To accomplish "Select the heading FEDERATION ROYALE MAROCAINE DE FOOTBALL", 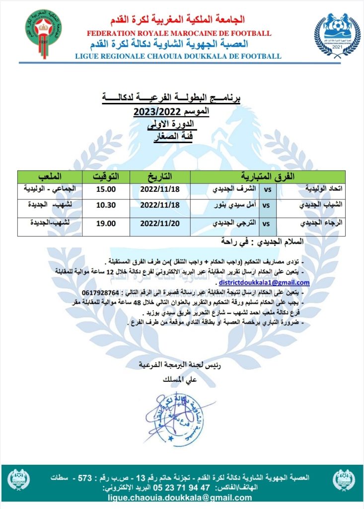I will click(179, 33).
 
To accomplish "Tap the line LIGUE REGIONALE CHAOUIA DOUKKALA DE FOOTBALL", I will click(178, 56).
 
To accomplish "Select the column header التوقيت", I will click(105, 177).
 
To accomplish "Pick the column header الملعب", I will click(50, 177).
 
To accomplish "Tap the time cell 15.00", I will click(105, 189).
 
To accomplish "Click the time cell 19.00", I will click(105, 223).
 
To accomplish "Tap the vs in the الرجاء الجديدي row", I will click(266, 223).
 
